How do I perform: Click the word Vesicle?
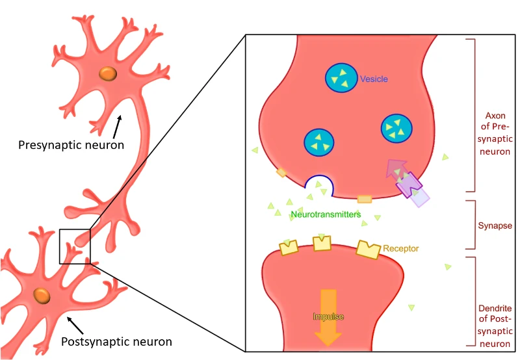coord(374,79)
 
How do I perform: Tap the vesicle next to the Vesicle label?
coord(341,77)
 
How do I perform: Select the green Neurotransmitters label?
coord(326,214)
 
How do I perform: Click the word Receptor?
coord(400,248)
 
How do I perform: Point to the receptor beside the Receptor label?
coord(368,250)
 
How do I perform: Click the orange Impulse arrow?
coord(328,317)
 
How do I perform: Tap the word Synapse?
coord(495,225)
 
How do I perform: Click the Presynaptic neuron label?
coord(71,145)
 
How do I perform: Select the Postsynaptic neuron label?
coord(116,341)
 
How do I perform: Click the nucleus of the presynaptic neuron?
coord(108,73)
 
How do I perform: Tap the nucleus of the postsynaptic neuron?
coord(42,296)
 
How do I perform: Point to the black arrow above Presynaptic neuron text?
coord(117,127)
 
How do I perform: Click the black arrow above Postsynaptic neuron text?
coord(75,325)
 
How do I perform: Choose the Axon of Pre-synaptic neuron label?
coord(495,134)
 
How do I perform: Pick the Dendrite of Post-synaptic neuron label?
coord(495,326)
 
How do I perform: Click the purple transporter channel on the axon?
coord(410,185)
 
